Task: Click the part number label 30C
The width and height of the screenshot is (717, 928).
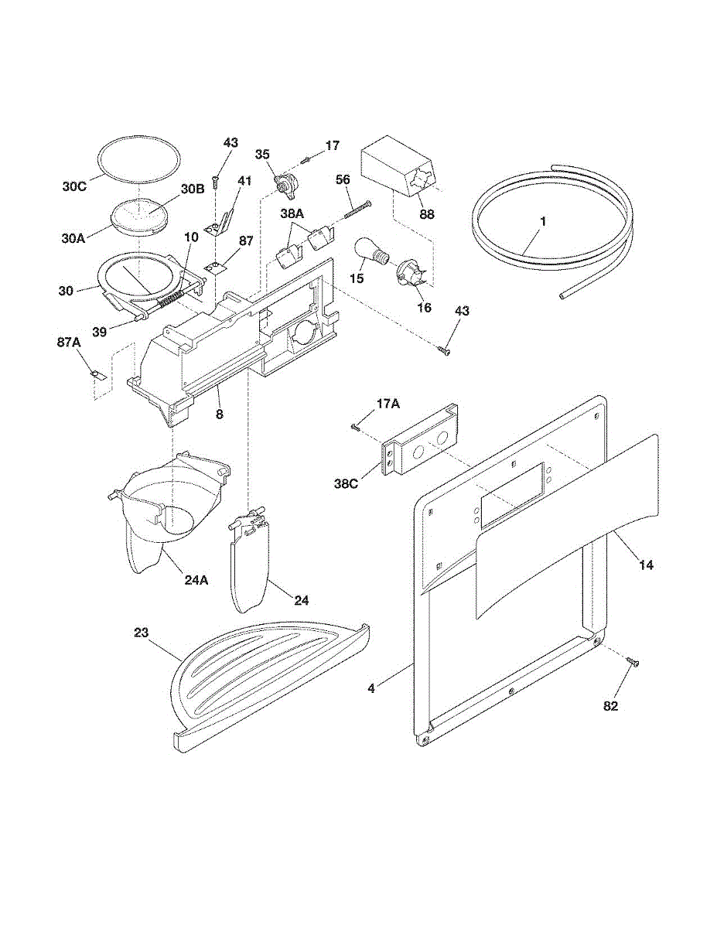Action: [75, 186]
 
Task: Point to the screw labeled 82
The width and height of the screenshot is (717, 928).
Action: [633, 662]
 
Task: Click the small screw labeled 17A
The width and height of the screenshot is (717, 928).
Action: [355, 425]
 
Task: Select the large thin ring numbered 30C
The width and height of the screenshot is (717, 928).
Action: [140, 159]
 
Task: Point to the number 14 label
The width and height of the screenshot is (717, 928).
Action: [646, 565]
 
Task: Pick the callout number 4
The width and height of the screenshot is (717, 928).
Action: [371, 687]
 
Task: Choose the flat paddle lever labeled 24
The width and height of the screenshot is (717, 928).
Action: [248, 565]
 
